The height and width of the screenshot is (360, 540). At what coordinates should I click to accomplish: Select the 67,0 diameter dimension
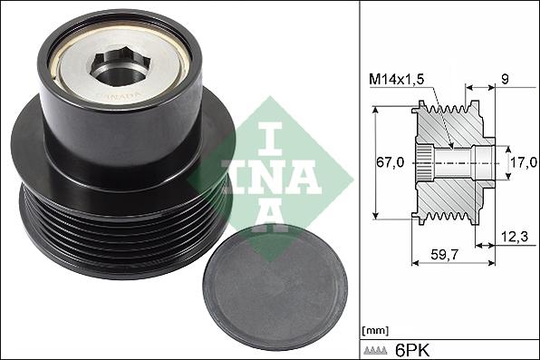coord(390,163)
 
